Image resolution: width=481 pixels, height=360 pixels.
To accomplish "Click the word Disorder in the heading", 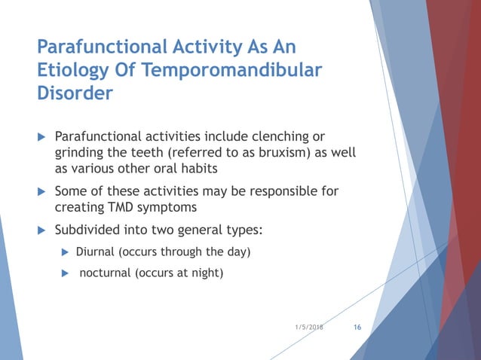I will click(x=75, y=94).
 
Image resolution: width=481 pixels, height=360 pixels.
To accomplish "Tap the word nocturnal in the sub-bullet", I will click(x=106, y=273).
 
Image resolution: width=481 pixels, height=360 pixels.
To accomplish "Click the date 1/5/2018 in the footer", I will click(x=310, y=328).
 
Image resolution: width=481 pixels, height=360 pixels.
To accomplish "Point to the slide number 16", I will click(x=357, y=328).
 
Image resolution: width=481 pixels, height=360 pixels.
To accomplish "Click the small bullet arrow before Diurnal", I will click(x=65, y=251).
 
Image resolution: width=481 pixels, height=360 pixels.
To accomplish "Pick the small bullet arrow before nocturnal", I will click(x=65, y=273).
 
